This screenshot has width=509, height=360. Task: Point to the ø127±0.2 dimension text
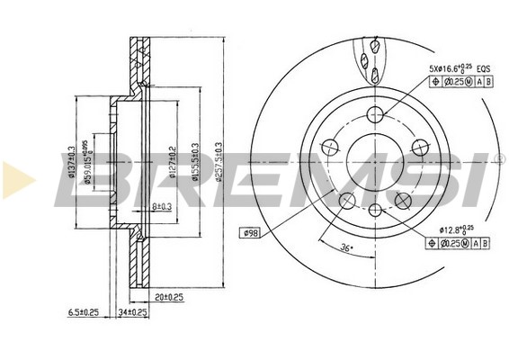point(169,163)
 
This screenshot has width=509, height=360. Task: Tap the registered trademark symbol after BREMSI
point(499,158)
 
